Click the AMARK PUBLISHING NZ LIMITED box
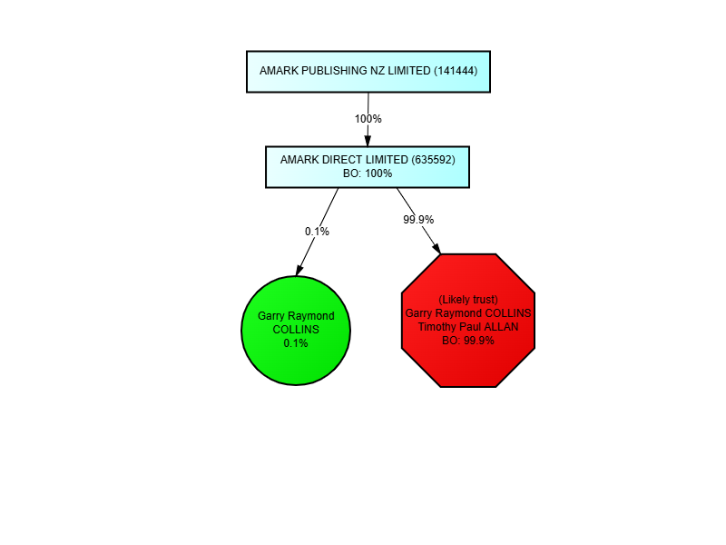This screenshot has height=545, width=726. click(368, 71)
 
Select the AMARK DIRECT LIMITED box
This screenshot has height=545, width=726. click(367, 166)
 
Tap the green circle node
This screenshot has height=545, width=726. click(296, 331)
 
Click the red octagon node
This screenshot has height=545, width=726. click(468, 321)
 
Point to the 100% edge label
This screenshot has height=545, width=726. click(368, 119)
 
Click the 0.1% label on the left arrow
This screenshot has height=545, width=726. click(317, 231)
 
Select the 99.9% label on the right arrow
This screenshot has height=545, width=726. click(418, 220)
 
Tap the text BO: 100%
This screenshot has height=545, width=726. click(367, 173)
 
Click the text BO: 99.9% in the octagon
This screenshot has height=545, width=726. click(468, 341)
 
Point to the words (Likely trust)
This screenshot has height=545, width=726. click(468, 300)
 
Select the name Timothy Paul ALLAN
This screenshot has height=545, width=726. click(468, 327)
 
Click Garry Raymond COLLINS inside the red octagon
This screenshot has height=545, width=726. click(468, 313)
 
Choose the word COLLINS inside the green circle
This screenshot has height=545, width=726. click(296, 330)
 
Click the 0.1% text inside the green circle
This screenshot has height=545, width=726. click(296, 343)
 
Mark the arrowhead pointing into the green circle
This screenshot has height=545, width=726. click(299, 269)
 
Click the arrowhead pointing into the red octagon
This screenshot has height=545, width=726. click(437, 248)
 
